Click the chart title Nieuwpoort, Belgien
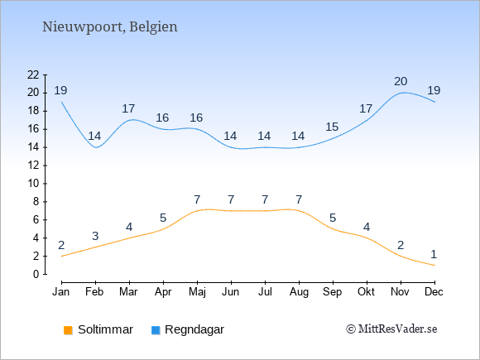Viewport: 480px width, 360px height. (x=109, y=27)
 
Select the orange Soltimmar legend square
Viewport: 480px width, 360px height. (x=68, y=330)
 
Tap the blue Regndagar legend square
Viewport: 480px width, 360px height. (x=156, y=330)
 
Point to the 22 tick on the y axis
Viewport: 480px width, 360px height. (x=33, y=74)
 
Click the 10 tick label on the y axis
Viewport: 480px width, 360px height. (x=33, y=184)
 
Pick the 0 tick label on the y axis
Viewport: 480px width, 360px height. (x=36, y=274)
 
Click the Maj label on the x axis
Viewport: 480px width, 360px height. (x=197, y=292)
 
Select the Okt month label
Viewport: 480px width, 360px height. (x=366, y=292)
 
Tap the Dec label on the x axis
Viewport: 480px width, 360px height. (x=434, y=292)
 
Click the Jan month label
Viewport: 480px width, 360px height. (x=61, y=292)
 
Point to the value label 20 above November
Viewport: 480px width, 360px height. (x=401, y=81)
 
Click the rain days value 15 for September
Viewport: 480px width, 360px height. (x=332, y=127)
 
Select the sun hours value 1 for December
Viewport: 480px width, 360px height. (x=434, y=254)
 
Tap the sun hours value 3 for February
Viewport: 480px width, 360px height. (x=95, y=236)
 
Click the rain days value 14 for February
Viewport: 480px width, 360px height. (x=94, y=136)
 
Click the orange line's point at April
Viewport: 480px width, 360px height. (x=164, y=228)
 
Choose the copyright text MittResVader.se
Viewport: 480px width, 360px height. (x=391, y=329)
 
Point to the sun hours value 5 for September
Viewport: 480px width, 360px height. (x=333, y=218)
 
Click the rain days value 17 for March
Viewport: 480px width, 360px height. (x=128, y=108)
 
